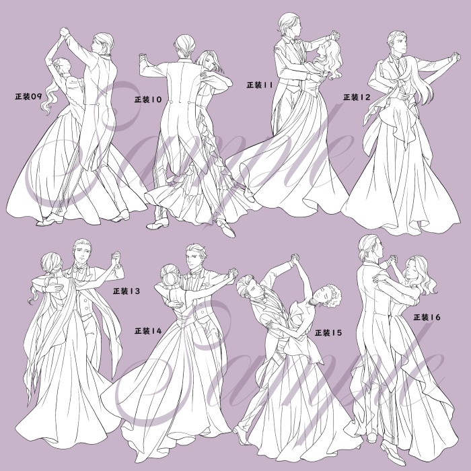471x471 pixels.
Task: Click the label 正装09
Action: tap(28, 96)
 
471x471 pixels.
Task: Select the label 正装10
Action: tap(148, 100)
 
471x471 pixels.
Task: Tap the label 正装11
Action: tap(260, 85)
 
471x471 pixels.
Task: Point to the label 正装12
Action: tap(357, 97)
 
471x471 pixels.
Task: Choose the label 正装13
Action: tap(126, 291)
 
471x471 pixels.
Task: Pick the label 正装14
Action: tap(148, 330)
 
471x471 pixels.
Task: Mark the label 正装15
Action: tap(328, 332)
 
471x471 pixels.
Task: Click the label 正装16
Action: tap(427, 317)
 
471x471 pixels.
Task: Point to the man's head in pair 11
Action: tap(287, 26)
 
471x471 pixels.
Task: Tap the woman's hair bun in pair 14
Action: tap(168, 273)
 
